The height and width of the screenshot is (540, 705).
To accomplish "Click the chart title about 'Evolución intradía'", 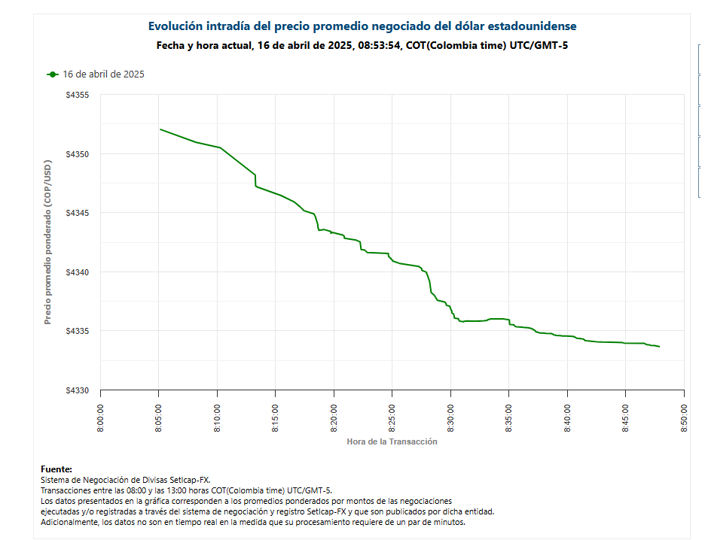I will pos(362,26).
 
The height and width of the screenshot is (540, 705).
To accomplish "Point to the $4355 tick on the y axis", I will pos(78,96).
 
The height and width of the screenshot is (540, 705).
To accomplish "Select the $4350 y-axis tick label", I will pos(78,154).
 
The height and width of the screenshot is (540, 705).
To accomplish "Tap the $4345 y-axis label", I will pos(78,214).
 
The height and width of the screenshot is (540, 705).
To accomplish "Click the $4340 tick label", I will pos(78,272).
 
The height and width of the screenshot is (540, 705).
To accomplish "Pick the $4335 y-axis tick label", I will pos(78,331).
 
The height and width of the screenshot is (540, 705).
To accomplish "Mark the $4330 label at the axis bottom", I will pos(78,390).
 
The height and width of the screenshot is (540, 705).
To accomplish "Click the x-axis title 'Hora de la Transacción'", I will pos(392,441).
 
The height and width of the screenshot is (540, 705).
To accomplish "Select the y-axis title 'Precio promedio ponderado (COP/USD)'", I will pos(47,242).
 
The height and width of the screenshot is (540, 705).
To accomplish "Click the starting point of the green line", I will pos(160,129).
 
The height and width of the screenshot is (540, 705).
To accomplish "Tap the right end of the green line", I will pos(659,347).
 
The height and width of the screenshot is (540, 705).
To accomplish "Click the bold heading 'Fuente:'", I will pos(56,469).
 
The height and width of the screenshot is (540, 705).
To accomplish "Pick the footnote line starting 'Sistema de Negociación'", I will pos(126,479).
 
